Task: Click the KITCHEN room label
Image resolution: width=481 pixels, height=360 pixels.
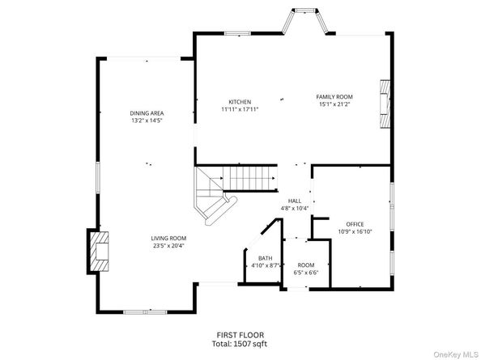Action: (239, 102)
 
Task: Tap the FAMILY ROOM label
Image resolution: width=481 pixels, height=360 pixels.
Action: (334, 96)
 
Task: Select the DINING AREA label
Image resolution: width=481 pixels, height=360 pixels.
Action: (147, 112)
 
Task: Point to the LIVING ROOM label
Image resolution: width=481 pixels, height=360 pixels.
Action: (168, 238)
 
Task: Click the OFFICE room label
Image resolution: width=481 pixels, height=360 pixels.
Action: (355, 224)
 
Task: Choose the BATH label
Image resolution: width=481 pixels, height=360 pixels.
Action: (265, 258)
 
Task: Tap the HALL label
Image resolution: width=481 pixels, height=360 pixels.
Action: (295, 201)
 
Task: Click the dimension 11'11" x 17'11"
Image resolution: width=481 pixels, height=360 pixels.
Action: (239, 109)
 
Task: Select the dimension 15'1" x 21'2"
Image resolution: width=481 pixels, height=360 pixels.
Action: (334, 104)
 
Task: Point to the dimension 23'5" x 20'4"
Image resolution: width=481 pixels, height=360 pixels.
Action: (168, 245)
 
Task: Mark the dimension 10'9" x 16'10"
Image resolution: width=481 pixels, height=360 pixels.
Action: (355, 231)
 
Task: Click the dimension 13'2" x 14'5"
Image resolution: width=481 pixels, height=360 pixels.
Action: (147, 120)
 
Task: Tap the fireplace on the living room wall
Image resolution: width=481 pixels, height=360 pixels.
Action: (98, 251)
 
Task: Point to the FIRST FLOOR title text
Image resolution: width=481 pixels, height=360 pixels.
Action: (240, 335)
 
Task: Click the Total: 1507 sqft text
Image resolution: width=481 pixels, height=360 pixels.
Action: (240, 344)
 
